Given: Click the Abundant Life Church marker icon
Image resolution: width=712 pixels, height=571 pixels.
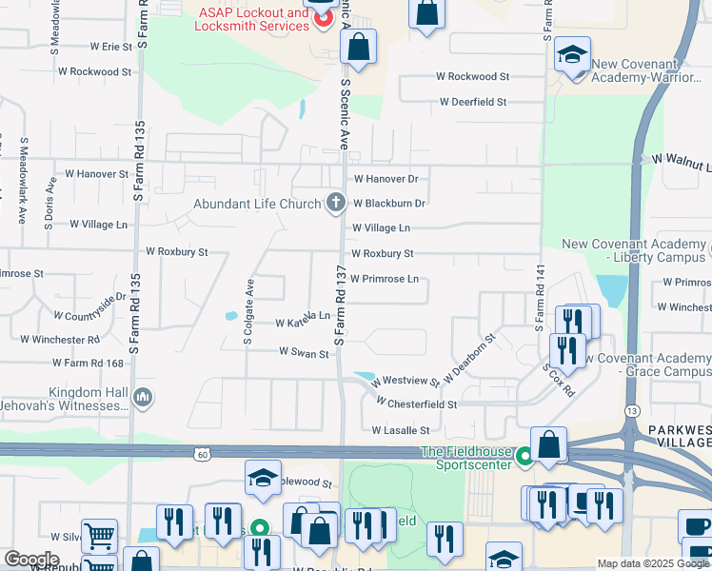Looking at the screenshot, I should [334, 202].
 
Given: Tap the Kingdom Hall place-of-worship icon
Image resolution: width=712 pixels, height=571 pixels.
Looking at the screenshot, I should [143, 396].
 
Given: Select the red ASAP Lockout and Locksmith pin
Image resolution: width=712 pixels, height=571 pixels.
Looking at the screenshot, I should [324, 16].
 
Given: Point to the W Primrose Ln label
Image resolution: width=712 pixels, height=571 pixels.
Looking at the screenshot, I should [385, 280].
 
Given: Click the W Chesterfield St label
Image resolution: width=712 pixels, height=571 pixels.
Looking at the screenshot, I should [416, 404].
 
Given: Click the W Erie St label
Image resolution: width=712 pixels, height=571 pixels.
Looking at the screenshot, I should [111, 46].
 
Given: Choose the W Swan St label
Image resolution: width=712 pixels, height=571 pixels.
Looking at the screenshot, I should [304, 352].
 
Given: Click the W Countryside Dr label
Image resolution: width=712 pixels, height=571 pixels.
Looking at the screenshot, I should [89, 306].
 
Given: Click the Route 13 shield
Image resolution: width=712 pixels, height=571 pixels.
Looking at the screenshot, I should [631, 384].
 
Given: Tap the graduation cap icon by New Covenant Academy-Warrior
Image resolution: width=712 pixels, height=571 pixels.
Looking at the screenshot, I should [572, 55].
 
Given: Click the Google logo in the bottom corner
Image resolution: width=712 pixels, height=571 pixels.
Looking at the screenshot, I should [31, 559].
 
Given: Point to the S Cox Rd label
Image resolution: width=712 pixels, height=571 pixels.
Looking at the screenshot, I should [559, 379].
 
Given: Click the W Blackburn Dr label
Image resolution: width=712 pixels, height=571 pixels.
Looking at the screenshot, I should [388, 203].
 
